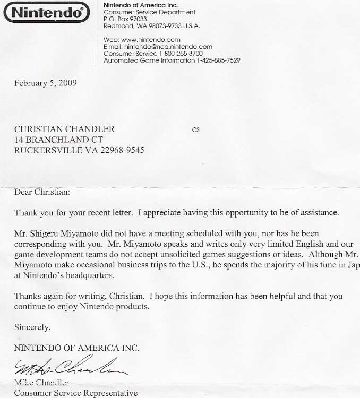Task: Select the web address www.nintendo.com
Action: [x=150, y=40]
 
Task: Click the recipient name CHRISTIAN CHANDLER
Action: [x=64, y=129]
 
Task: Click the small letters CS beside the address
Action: [x=195, y=129]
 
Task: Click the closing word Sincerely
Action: [x=32, y=327]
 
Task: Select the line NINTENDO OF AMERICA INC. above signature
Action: [x=77, y=348]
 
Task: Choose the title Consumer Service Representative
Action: [x=75, y=393]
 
